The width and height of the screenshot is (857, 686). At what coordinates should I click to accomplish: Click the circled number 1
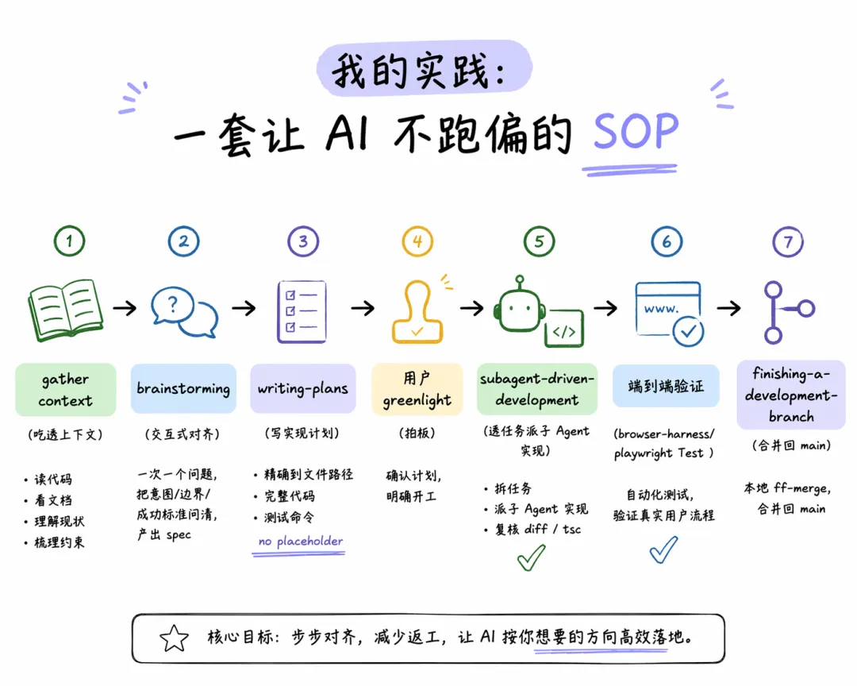point(69,241)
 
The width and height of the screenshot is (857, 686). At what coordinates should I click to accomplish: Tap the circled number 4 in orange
point(417,241)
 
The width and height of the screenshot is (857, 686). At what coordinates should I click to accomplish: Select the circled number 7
point(788,242)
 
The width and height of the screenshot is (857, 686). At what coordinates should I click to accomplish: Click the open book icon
point(66,310)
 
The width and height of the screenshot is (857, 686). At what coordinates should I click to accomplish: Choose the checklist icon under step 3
point(302,312)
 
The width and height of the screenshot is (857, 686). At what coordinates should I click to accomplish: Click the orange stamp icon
point(417,312)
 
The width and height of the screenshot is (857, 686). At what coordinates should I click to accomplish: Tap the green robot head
point(519,307)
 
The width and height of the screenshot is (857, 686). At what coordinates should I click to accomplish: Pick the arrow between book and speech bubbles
point(125,307)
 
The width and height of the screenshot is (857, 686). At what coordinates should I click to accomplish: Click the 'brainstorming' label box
point(183,388)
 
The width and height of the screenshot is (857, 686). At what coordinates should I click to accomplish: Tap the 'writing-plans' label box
point(303,388)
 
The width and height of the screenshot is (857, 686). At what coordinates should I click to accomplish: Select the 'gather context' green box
point(66,390)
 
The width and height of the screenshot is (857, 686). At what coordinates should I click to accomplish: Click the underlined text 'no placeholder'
point(301,541)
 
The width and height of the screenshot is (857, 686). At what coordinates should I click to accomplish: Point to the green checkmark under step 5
point(531,557)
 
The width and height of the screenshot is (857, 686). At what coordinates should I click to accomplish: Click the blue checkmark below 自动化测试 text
point(663,549)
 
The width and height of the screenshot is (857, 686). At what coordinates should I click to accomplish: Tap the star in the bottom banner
point(174,638)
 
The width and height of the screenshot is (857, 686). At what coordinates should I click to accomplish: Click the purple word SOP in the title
point(636,131)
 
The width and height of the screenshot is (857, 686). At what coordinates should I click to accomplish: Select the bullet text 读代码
point(53,480)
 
